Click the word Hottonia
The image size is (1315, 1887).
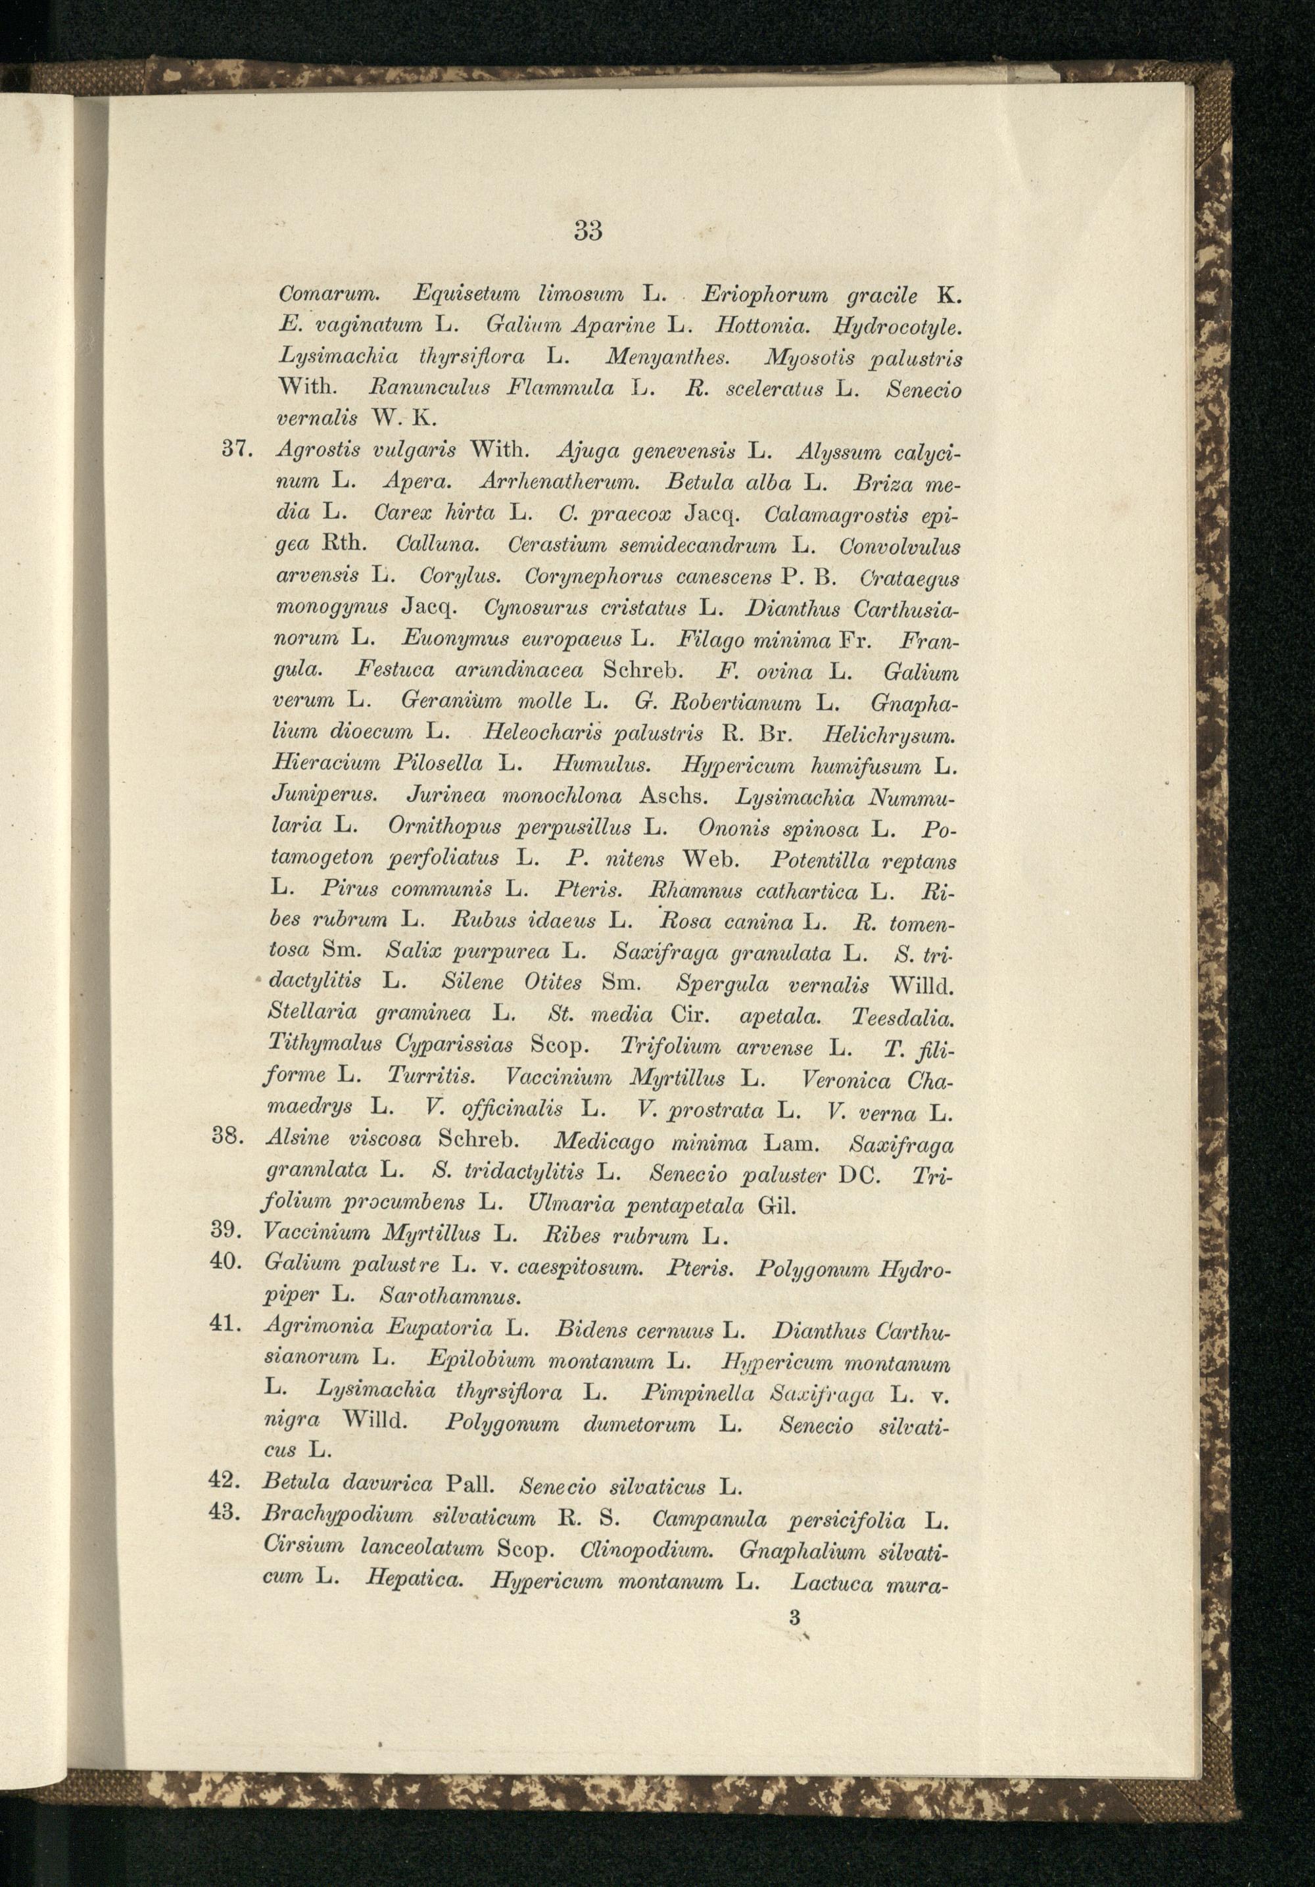(775, 326)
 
